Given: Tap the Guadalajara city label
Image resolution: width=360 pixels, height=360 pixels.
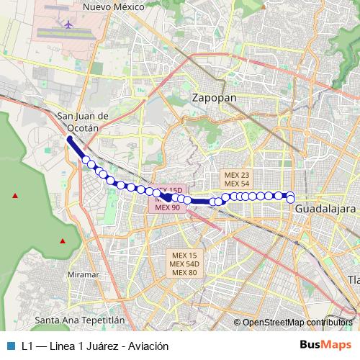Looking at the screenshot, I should [325, 208].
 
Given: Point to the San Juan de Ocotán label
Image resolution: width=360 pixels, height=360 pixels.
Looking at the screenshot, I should [82, 121].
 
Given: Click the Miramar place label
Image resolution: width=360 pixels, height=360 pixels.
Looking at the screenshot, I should [83, 275].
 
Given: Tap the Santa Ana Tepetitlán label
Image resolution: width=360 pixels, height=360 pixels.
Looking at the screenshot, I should [80, 319].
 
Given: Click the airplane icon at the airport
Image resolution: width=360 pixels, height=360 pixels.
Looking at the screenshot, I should [69, 24].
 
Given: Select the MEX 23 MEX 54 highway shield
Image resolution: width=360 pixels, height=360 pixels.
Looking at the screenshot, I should [236, 179].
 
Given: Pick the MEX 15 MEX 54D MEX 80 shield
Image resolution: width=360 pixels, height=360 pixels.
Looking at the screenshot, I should [184, 264].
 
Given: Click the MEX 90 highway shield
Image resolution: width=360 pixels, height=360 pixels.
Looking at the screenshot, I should [168, 207].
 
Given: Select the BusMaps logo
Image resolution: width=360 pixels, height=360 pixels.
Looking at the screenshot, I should [325, 345].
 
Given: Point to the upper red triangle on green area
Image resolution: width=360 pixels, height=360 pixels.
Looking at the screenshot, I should [14, 194].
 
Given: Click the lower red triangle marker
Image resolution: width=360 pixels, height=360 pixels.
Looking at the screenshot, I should [63, 240].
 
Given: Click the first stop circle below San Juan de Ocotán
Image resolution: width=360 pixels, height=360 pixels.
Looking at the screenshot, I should [86, 160].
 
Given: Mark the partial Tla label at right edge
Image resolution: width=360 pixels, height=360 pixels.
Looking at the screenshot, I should [353, 279].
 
